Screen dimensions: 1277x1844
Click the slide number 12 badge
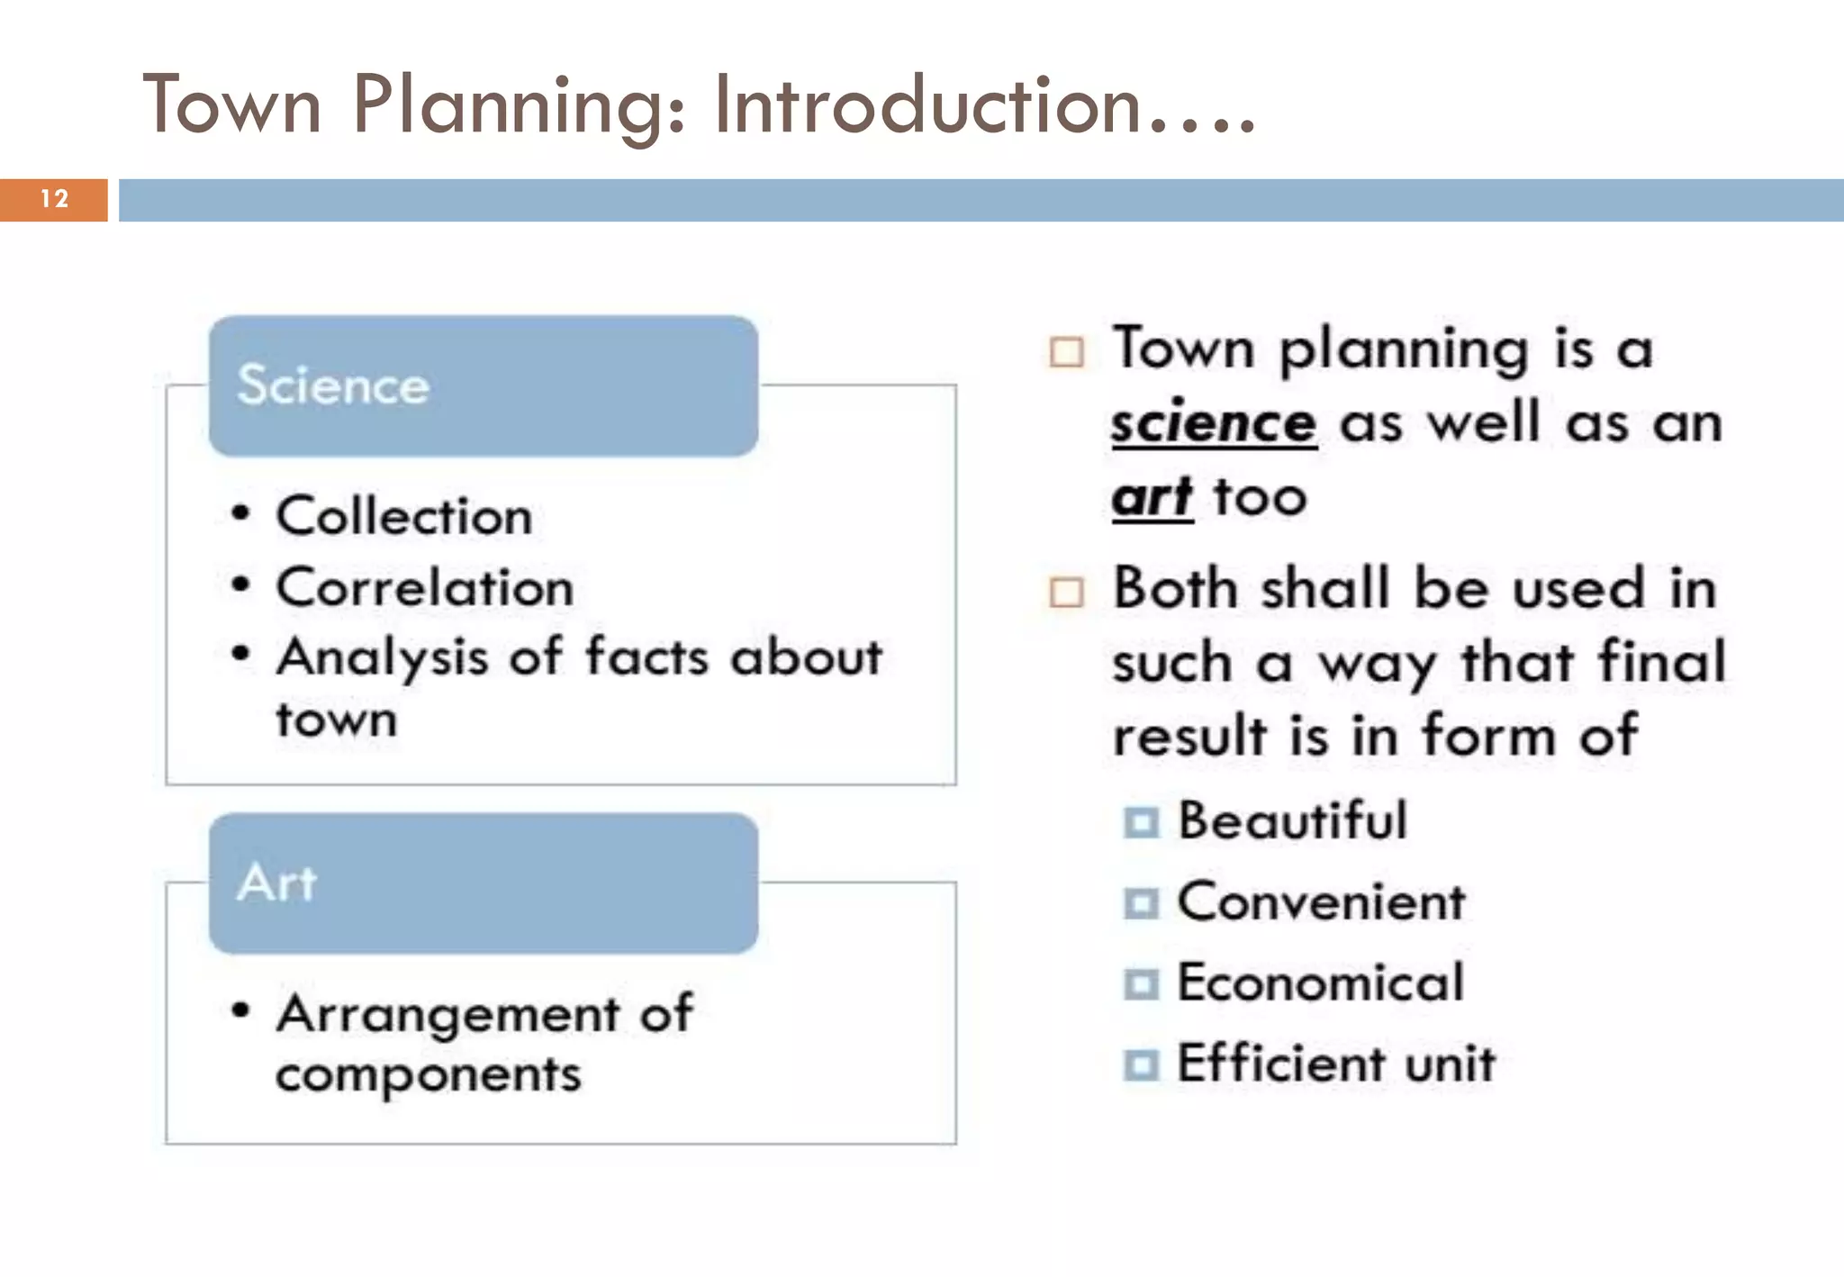click(54, 199)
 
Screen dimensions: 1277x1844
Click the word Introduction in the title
click(927, 106)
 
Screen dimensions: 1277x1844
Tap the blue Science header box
click(483, 385)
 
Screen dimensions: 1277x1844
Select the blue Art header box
click(483, 883)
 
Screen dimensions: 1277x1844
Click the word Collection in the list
click(404, 517)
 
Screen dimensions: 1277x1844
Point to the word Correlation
click(425, 588)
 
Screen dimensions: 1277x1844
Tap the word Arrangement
click(447, 1014)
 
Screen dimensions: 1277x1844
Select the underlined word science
click(1213, 423)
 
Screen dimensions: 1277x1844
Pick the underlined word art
click(1152, 497)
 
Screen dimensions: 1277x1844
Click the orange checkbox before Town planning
click(1067, 352)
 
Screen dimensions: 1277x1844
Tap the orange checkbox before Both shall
click(1067, 593)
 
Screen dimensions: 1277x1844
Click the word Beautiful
click(1292, 821)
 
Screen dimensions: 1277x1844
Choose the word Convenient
click(1321, 902)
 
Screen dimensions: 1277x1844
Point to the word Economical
click(1320, 983)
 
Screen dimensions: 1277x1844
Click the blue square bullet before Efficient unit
click(1142, 1065)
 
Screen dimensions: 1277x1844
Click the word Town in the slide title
click(232, 106)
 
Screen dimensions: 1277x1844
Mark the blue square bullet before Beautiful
click(1142, 822)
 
